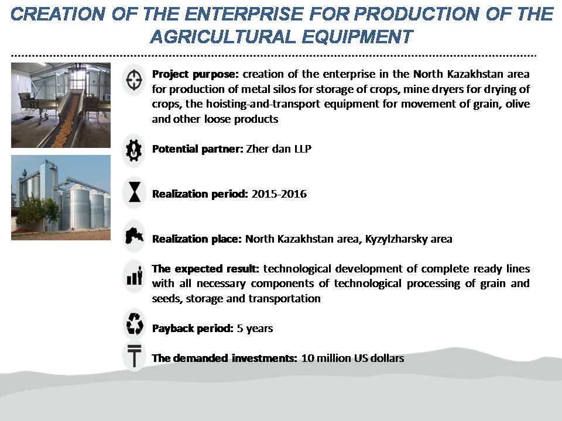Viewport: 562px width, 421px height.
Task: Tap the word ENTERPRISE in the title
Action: tap(244, 14)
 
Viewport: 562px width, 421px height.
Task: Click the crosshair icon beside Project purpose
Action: tap(134, 80)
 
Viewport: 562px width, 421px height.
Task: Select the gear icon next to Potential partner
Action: tap(133, 150)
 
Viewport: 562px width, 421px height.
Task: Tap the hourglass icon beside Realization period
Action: tap(135, 192)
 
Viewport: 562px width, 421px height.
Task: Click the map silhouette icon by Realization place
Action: tap(135, 236)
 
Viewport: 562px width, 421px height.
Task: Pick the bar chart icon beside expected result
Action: tap(135, 277)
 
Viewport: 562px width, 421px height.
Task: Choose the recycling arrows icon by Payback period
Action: tap(135, 323)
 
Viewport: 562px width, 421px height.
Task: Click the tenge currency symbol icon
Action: tap(135, 356)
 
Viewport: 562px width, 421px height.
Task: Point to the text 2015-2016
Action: tap(279, 194)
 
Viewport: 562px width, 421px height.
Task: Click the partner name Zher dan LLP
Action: tap(279, 149)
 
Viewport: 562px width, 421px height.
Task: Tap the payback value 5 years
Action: tap(255, 329)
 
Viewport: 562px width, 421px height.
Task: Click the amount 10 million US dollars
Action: tap(352, 358)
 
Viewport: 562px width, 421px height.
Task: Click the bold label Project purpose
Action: tap(196, 74)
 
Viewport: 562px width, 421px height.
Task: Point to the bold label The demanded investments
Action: tap(224, 358)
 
